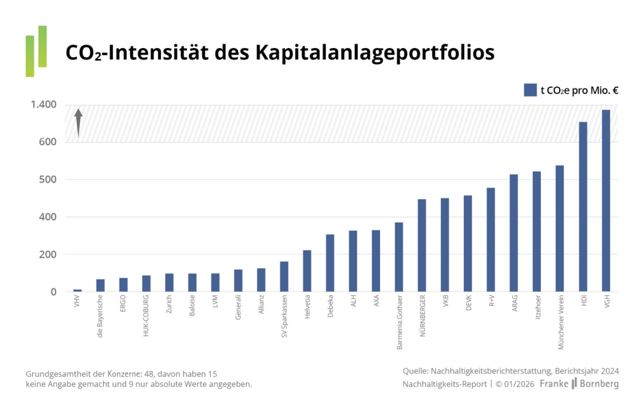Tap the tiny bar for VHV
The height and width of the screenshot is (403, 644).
[x=77, y=290]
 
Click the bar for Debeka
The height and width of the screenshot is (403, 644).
[x=330, y=263]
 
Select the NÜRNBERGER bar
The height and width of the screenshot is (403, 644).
[x=422, y=245]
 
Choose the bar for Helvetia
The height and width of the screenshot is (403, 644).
[x=307, y=271]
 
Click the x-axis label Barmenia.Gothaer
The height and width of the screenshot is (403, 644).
[x=399, y=322]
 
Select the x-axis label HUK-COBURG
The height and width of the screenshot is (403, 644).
[x=146, y=316]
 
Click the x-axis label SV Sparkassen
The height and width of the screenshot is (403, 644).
[x=285, y=319]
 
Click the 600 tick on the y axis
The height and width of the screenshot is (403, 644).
[x=47, y=142]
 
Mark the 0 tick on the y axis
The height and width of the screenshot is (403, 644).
[x=53, y=292]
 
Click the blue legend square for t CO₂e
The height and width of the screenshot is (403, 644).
[x=530, y=90]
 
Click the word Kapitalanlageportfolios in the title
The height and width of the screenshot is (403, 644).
[x=375, y=53]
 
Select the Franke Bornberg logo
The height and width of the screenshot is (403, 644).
[x=578, y=384]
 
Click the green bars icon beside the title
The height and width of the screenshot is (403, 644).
[x=36, y=52]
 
